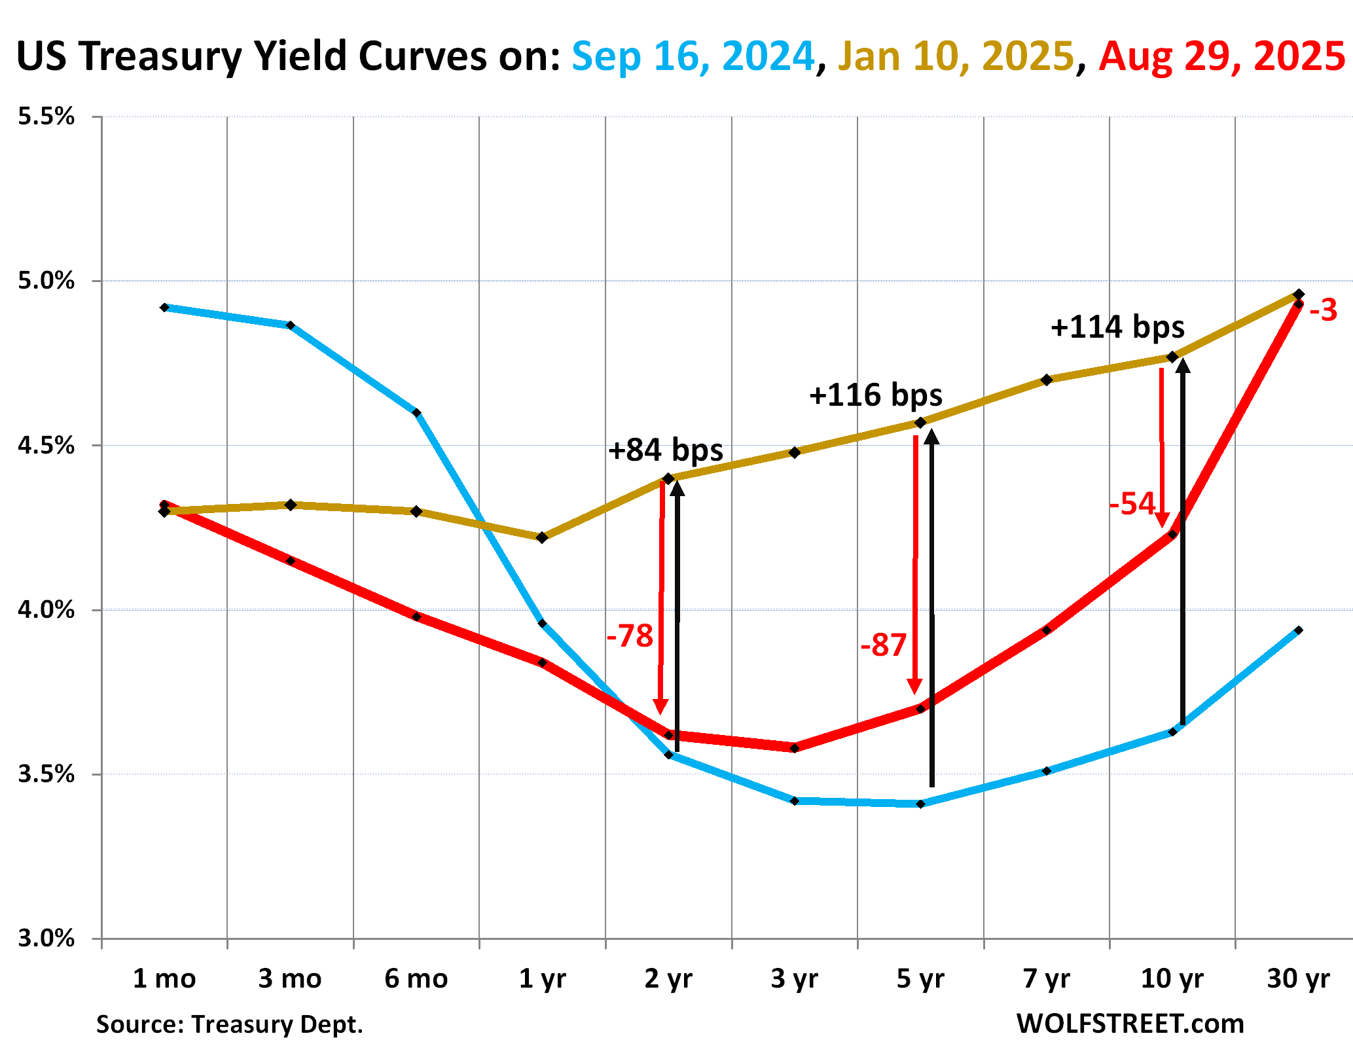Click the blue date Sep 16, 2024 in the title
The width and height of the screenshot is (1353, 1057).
(693, 56)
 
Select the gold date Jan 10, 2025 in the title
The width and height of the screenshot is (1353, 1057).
(956, 56)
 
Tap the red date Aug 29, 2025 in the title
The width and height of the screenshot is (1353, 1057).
(1221, 56)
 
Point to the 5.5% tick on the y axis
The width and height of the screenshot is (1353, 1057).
(46, 117)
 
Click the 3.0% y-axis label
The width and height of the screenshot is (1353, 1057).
(46, 938)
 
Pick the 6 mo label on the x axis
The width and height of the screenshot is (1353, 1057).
(416, 979)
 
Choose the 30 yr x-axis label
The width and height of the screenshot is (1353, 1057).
(1299, 979)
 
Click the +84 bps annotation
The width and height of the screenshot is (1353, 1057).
(666, 450)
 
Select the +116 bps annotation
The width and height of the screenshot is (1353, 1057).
(876, 395)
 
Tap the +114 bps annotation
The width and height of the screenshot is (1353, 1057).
(1117, 327)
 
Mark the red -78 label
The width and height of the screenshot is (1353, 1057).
(630, 636)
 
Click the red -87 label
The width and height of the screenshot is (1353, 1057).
(883, 646)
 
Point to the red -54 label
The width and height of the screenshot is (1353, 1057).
(1132, 504)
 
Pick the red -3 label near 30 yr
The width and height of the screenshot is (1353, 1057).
(1323, 310)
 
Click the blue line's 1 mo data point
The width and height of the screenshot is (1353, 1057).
(165, 308)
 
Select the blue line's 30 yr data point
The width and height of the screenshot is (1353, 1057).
(1299, 630)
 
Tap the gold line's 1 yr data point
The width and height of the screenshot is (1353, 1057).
(542, 537)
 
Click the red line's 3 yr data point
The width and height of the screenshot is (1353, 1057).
(795, 748)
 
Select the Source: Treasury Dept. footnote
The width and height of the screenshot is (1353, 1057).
(230, 1024)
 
